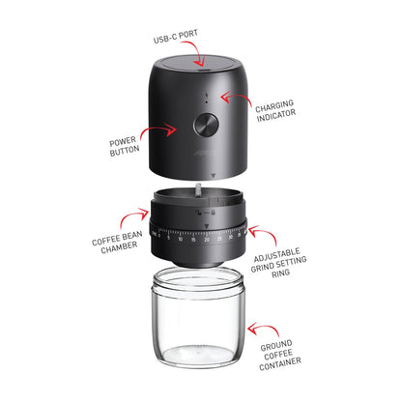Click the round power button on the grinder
205,125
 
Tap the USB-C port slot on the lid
201,69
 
